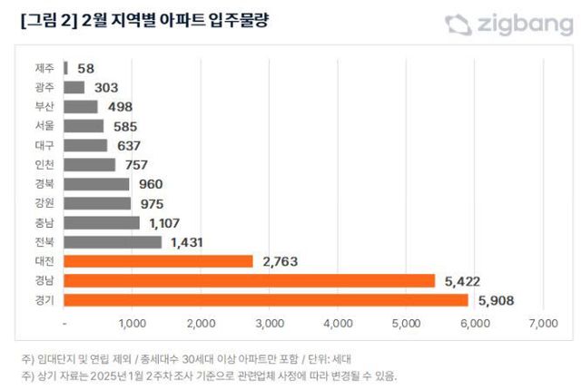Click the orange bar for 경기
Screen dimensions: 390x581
tap(266, 300)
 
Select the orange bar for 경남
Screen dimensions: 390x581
tap(250, 280)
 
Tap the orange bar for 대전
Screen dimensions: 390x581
tap(159, 261)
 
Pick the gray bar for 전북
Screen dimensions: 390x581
tap(113, 242)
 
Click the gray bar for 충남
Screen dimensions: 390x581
tap(103, 223)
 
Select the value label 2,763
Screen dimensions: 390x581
tap(281, 261)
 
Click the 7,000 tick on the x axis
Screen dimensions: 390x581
tap(542, 323)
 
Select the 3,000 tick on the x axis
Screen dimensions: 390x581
tap(270, 323)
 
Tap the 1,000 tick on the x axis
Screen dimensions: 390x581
tap(133, 323)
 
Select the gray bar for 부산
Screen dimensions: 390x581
tap(81, 107)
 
